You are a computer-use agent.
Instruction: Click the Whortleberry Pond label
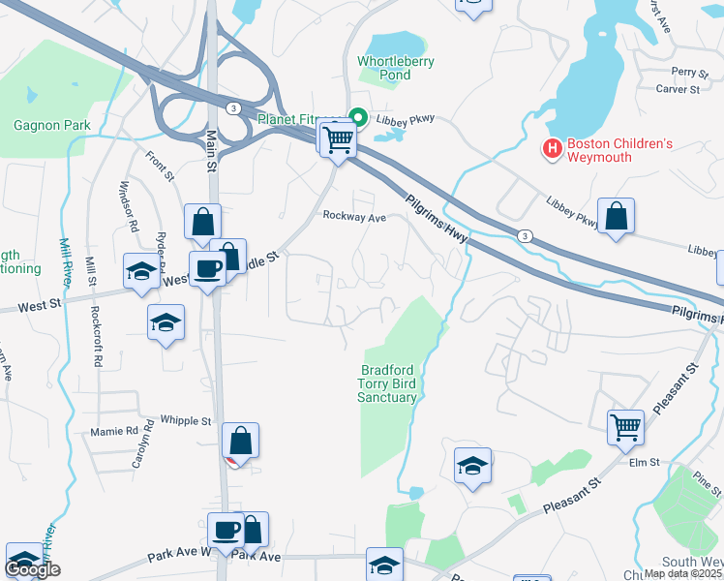tap(396, 68)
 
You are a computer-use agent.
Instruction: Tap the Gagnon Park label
tap(52, 125)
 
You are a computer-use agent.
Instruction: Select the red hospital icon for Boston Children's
tap(553, 149)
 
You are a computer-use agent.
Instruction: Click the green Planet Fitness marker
tap(357, 119)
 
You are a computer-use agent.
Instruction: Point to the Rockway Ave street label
tap(354, 218)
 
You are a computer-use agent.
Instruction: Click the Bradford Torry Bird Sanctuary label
tap(389, 383)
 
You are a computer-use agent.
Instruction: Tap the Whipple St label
tap(186, 421)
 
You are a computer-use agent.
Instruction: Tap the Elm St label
tap(644, 463)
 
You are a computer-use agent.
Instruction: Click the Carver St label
tap(679, 89)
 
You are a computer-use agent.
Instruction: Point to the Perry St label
tap(691, 72)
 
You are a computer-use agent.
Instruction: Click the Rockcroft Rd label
tap(97, 336)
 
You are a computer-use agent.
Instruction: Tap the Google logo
tap(33, 570)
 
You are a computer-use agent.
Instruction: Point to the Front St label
tap(160, 166)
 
